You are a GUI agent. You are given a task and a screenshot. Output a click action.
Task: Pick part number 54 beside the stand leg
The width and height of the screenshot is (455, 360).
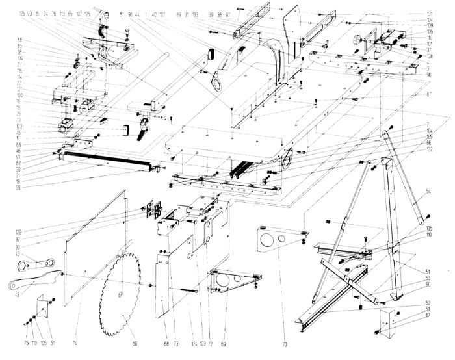click(429, 192)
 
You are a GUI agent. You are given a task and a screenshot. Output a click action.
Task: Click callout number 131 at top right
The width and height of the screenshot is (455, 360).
click(430, 14)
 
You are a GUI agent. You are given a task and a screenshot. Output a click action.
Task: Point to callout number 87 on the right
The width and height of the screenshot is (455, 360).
click(428, 95)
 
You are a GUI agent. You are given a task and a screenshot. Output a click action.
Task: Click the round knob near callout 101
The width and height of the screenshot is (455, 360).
click(356, 43)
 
